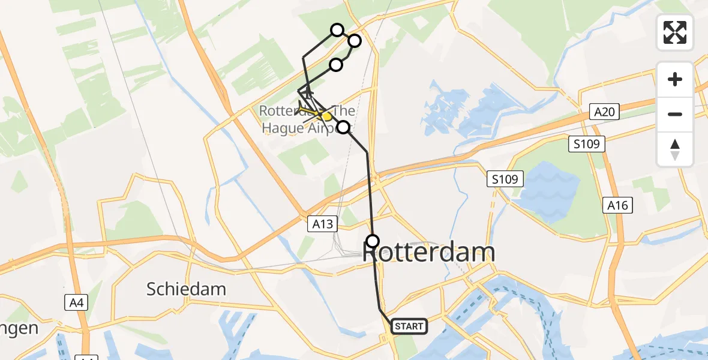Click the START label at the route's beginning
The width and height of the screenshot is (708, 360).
(x=409, y=326)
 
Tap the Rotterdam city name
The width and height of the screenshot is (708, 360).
(x=429, y=253)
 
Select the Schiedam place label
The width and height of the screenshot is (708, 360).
(x=186, y=289)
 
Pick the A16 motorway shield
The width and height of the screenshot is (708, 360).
(x=617, y=206)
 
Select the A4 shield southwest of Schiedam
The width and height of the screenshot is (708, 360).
(x=76, y=302)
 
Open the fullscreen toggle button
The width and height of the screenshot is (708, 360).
(x=675, y=32)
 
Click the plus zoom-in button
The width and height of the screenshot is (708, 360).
(x=675, y=79)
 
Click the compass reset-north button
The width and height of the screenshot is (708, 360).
(x=675, y=149)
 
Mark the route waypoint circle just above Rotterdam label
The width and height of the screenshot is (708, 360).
(x=373, y=241)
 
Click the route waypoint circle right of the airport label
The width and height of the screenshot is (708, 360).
(x=343, y=127)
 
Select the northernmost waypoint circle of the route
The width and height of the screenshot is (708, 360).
(x=337, y=30)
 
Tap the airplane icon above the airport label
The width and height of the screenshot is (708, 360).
(x=307, y=93)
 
